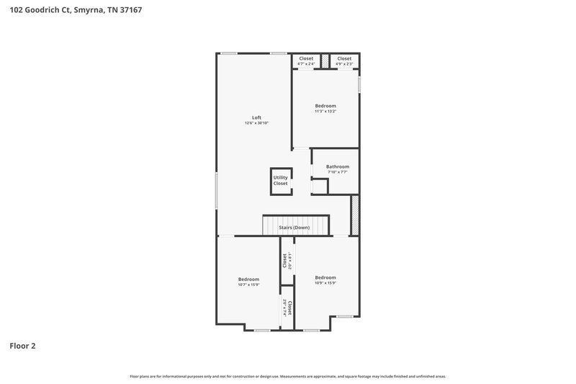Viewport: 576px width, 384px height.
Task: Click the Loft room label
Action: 256,117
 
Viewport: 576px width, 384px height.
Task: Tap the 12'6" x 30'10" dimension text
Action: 256,123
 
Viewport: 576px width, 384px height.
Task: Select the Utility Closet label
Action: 280,180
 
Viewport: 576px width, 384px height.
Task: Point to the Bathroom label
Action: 337,166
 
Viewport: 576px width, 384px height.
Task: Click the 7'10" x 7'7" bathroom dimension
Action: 337,172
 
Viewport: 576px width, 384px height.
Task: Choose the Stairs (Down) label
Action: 294,228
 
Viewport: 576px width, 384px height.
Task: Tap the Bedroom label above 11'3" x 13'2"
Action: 325,106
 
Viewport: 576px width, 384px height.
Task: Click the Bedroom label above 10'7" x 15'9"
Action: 248,279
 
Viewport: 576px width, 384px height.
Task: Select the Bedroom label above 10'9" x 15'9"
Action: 325,277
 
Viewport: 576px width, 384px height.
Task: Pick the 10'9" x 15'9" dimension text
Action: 325,283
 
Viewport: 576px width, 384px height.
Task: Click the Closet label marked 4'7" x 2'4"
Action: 306,58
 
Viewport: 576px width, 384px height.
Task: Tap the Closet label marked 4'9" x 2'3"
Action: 344,58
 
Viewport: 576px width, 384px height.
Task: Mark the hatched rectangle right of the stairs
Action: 354,215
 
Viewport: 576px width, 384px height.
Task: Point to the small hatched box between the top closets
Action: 325,61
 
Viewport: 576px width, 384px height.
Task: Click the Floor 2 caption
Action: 22,346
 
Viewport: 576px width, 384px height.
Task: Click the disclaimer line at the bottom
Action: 288,376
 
